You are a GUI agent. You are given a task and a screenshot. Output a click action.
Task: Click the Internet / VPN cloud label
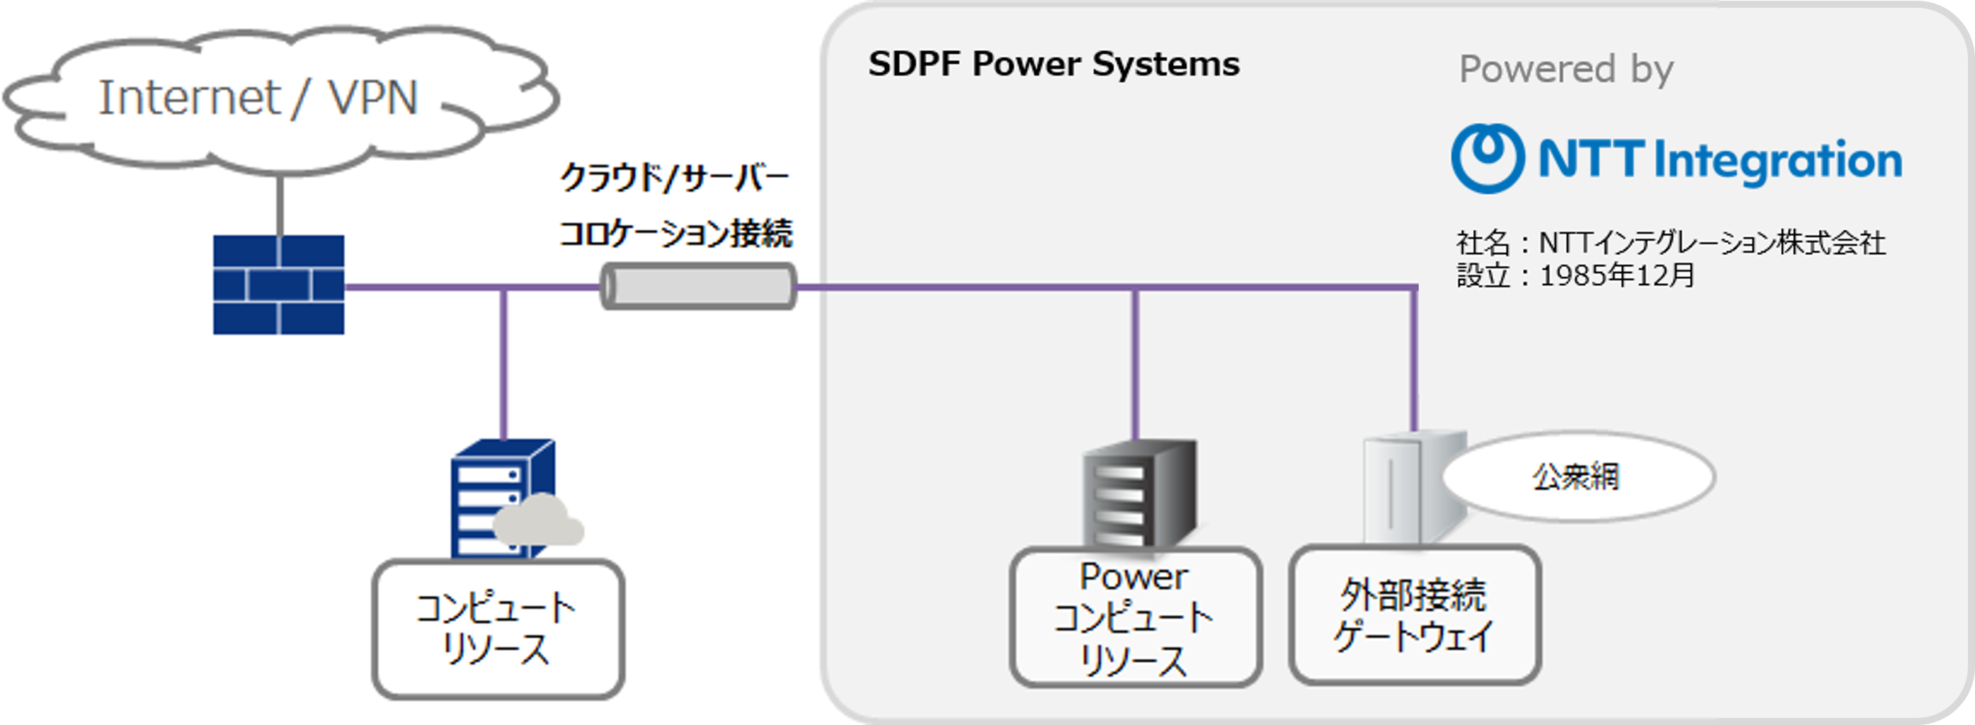point(257,97)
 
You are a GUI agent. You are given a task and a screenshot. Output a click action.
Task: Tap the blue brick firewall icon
point(279,284)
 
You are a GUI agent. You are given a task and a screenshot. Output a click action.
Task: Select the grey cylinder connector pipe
point(697,286)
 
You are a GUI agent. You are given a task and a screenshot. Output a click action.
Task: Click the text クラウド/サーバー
point(675,178)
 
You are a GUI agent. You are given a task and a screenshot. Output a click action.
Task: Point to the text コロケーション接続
point(675,233)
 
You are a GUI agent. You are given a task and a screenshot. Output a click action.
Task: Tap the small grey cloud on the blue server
point(538,522)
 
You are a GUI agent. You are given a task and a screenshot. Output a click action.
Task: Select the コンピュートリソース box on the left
point(498,629)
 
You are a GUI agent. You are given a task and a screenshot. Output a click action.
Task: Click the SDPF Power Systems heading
point(1053,64)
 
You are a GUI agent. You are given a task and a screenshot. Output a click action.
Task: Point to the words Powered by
point(1565,69)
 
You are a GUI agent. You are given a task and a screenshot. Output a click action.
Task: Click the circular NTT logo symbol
point(1487,158)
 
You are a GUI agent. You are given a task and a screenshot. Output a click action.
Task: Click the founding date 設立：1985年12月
point(1575,275)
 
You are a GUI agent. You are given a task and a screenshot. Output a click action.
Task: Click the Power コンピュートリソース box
point(1135,618)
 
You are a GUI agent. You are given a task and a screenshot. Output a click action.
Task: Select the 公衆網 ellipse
point(1577,477)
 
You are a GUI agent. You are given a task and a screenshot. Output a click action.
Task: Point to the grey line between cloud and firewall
point(280,205)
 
